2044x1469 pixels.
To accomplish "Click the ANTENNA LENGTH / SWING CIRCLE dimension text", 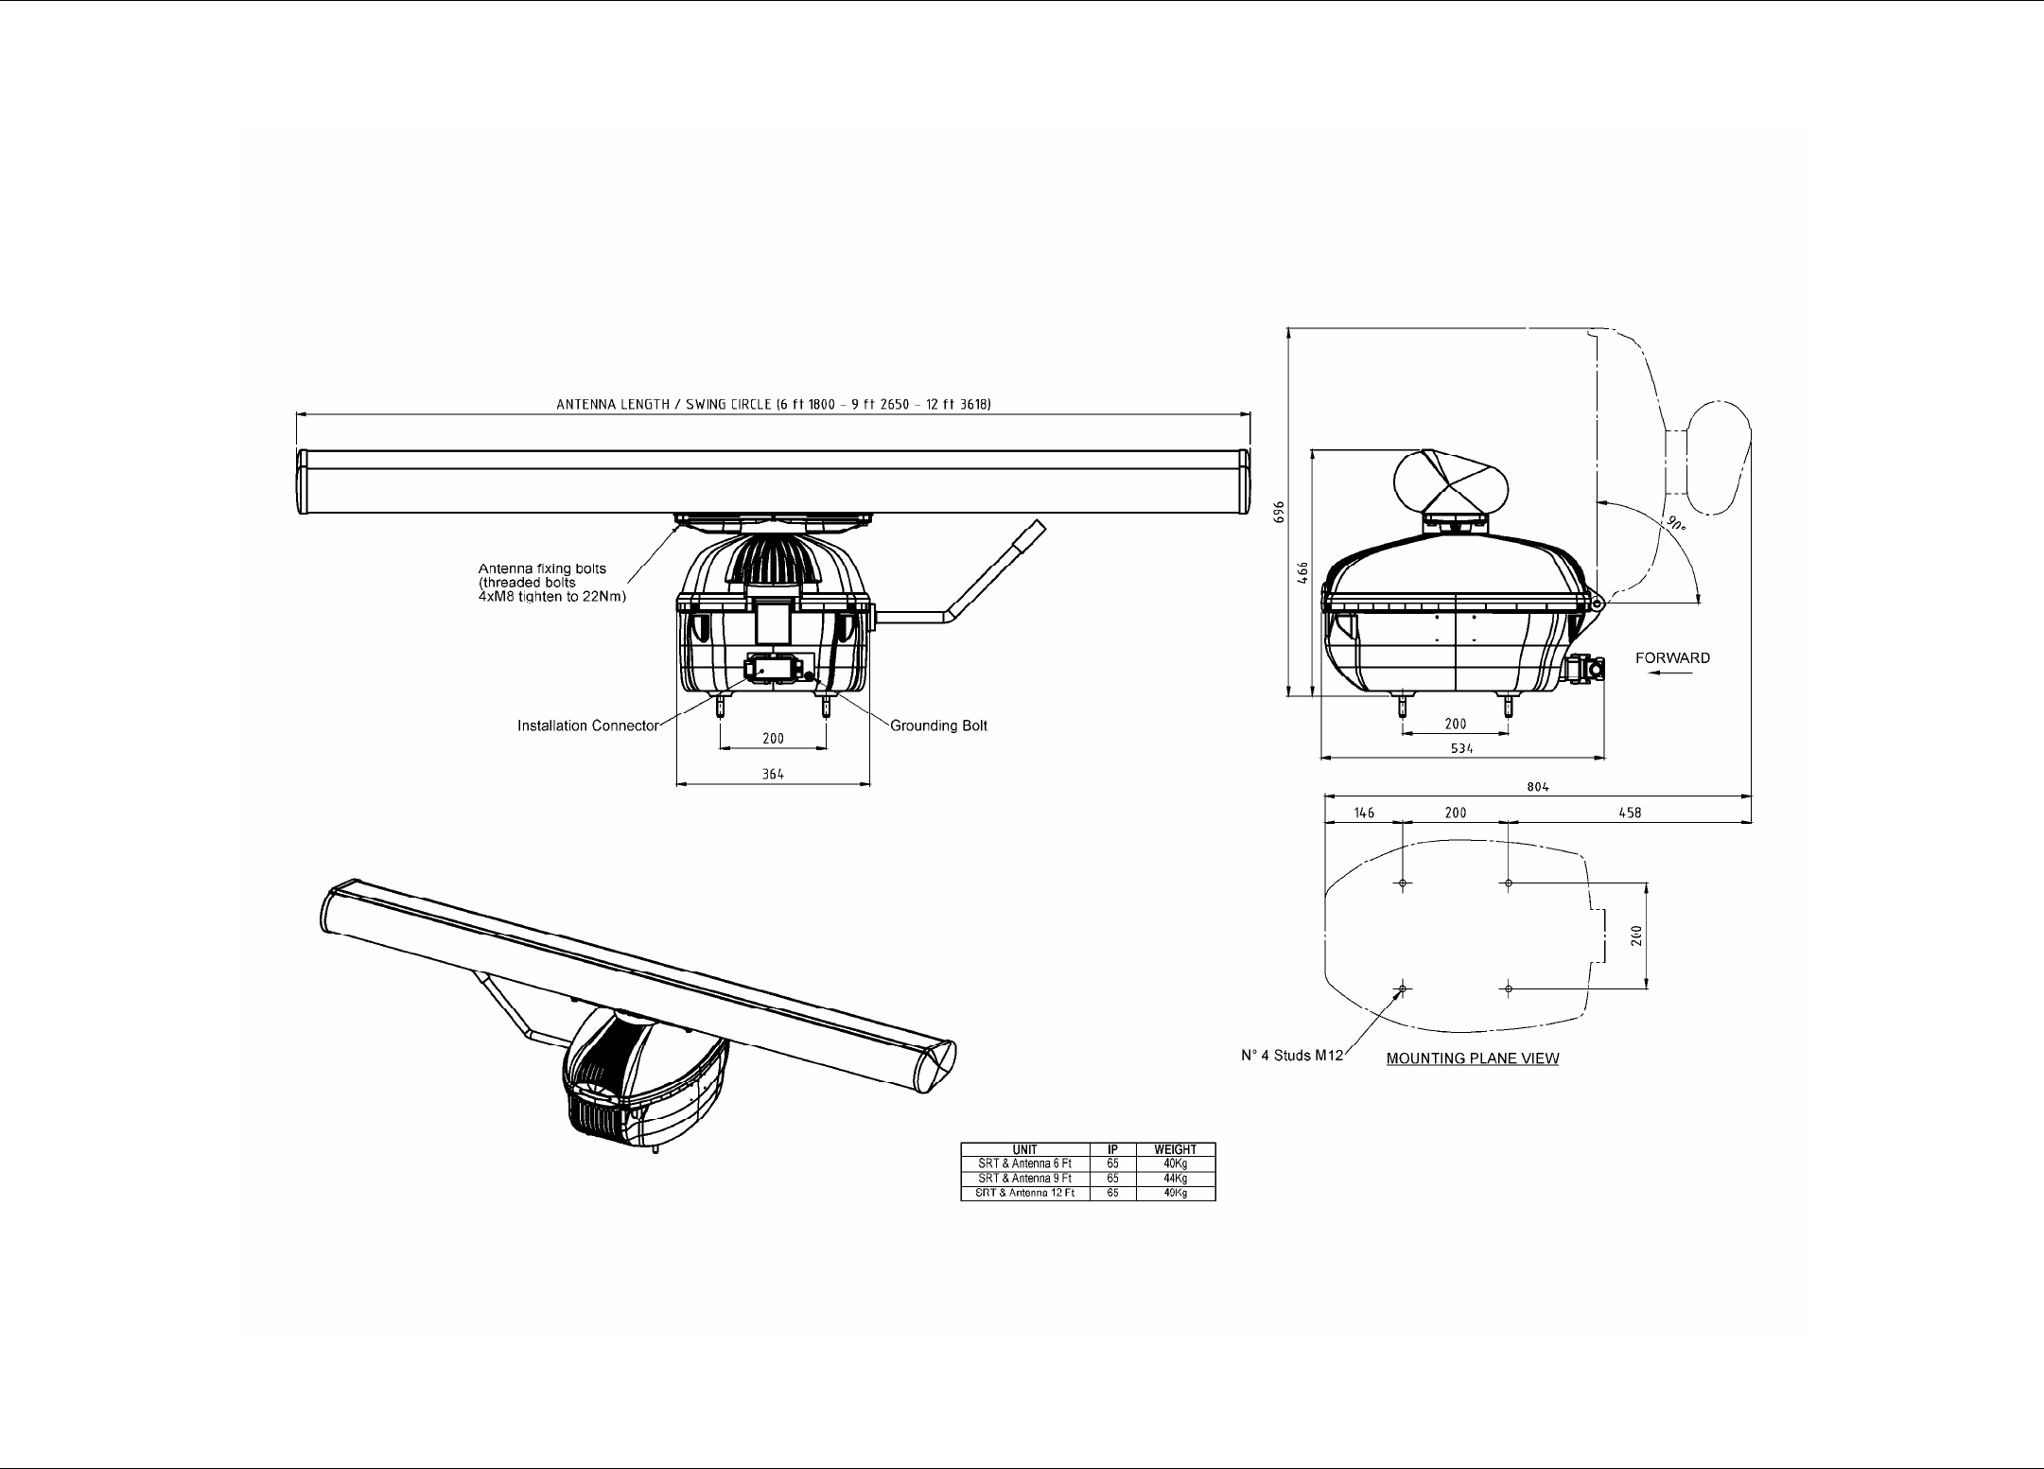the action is (773, 405).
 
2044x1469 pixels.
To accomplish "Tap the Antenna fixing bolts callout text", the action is (552, 583).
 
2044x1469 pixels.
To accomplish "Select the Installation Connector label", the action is (587, 726).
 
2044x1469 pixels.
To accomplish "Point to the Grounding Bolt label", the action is (938, 726).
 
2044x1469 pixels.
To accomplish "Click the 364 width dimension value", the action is (773, 775).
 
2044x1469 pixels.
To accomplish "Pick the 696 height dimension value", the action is (1279, 512).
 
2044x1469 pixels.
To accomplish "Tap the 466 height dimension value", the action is (1302, 572).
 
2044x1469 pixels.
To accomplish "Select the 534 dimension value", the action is (1461, 748).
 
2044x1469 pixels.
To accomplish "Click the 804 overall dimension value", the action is (1538, 787).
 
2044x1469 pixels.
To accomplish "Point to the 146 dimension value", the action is (1364, 813).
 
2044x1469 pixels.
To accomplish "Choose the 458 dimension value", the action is (1630, 813).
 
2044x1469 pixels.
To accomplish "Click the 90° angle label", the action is (1676, 524).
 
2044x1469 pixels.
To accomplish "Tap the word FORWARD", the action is (1672, 658).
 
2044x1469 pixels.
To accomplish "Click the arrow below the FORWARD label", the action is (1669, 673).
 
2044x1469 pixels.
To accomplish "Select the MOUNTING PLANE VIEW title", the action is (1472, 1058).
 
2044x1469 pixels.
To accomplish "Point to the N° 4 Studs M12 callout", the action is (1291, 1056).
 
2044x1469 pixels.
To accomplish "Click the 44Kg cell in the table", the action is (1175, 1179).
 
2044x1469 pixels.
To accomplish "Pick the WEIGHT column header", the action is (1175, 1150).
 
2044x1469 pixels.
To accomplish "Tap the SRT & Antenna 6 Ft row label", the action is (1024, 1164).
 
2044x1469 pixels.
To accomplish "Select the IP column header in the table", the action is (1112, 1150).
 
